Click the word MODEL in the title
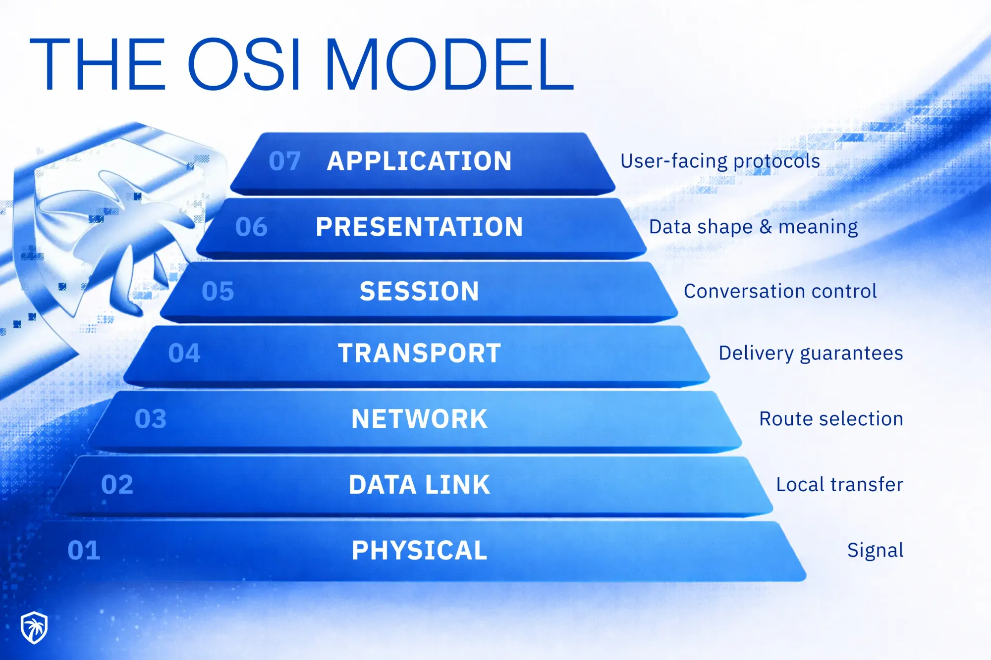(x=449, y=65)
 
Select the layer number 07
(x=284, y=161)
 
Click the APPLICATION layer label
(x=419, y=161)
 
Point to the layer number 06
(x=251, y=227)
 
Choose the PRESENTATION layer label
(x=419, y=227)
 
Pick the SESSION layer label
(x=419, y=291)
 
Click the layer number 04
(x=184, y=354)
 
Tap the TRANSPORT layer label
(x=419, y=354)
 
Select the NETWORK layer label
(x=419, y=419)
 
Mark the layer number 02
(x=117, y=485)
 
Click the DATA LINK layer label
(x=419, y=485)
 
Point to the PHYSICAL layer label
(x=419, y=551)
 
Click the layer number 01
(x=84, y=551)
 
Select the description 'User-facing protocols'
(x=720, y=161)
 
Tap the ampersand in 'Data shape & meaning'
(x=766, y=227)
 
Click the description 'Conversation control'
(x=780, y=292)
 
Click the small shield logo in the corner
(x=34, y=627)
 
